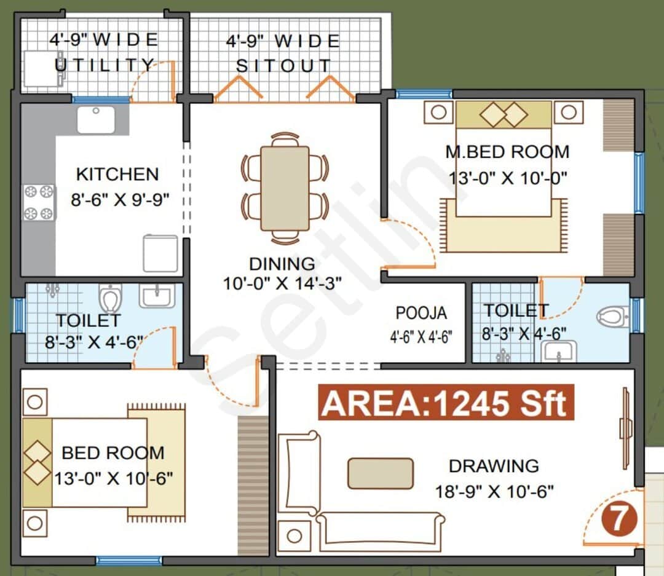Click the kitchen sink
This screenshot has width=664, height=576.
[x=95, y=119]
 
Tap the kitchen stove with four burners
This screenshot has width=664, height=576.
[x=39, y=202]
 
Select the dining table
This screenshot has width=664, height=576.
[x=285, y=188]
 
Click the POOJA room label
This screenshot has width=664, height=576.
[x=421, y=313]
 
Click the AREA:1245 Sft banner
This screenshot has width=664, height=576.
[x=445, y=403]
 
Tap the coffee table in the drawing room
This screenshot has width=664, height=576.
[x=380, y=473]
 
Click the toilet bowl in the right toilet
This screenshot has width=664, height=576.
[x=611, y=317]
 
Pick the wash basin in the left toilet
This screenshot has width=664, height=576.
[x=156, y=296]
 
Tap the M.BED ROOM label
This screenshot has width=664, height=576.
[x=508, y=151]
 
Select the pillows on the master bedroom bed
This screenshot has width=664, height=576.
[x=504, y=114]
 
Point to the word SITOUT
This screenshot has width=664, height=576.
[x=283, y=66]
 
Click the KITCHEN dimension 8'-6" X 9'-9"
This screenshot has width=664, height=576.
[x=117, y=200]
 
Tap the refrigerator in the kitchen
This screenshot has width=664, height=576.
[x=160, y=253]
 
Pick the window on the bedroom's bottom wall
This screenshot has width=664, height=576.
[x=128, y=561]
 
